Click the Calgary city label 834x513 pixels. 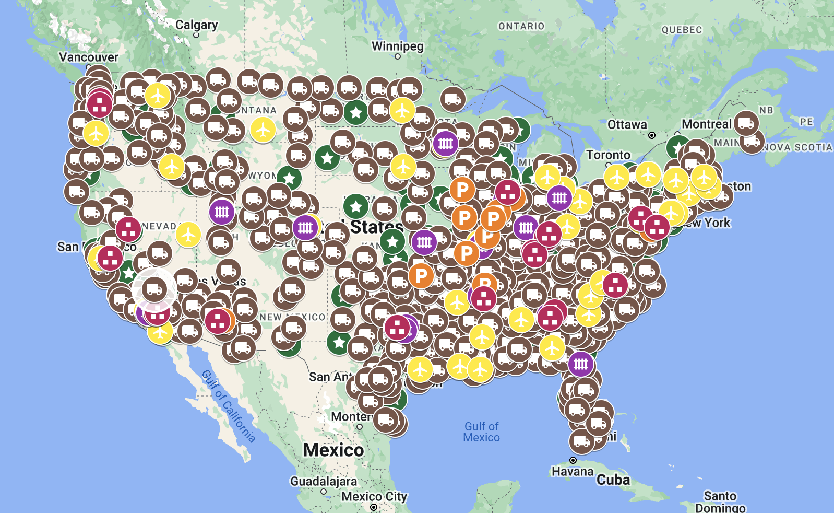(x=196, y=25)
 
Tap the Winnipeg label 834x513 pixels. (x=397, y=46)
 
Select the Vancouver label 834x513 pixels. (x=89, y=57)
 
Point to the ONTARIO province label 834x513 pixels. (x=521, y=26)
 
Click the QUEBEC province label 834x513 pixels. (x=682, y=30)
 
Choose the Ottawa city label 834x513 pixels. (x=627, y=124)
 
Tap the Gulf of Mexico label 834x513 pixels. (x=481, y=432)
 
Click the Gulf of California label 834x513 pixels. (x=229, y=406)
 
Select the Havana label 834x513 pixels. (x=573, y=471)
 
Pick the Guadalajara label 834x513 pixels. (x=324, y=481)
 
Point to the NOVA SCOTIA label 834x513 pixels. (x=797, y=147)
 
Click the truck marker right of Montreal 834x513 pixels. (x=746, y=123)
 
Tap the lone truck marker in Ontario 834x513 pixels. (x=452, y=98)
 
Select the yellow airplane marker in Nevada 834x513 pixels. (x=188, y=235)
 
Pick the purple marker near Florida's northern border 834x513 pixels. (x=581, y=364)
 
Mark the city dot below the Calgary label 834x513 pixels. (x=196, y=35)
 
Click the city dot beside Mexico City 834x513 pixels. (x=373, y=507)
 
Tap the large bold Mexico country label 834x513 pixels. (x=333, y=450)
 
